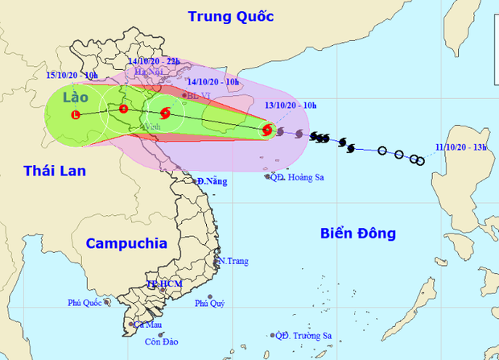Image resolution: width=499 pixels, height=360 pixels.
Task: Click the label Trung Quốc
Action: pos(230,16)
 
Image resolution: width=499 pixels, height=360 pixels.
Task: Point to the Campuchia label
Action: pos(126,243)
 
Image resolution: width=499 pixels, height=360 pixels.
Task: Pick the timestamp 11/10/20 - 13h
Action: pos(461,147)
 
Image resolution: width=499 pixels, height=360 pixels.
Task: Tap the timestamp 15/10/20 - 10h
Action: pos(72,75)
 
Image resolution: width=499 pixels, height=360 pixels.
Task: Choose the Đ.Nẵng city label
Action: pos(212,181)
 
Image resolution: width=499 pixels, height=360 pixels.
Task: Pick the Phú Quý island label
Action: pos(208,304)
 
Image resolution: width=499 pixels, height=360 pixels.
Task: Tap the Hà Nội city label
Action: pos(148,72)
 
